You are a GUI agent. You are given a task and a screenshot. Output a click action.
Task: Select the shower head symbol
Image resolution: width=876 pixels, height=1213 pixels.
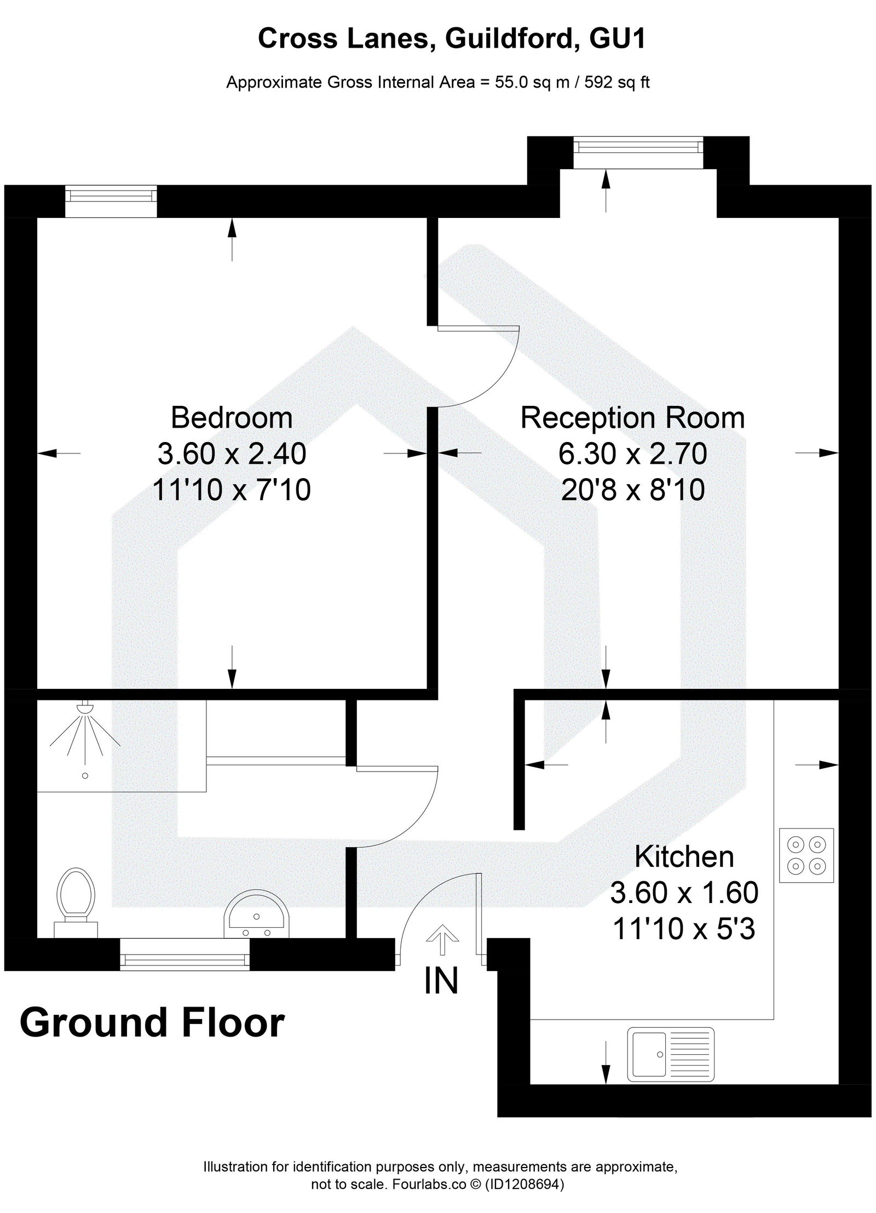point(85,708)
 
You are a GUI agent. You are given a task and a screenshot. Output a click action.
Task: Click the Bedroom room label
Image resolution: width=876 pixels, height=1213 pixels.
point(232,418)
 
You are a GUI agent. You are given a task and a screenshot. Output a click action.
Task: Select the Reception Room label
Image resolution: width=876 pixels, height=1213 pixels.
point(632,418)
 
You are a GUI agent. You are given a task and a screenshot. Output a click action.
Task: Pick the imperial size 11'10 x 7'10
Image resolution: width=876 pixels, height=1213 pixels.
point(232,489)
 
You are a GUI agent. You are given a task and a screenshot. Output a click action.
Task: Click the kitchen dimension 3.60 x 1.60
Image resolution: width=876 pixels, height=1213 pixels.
point(684,893)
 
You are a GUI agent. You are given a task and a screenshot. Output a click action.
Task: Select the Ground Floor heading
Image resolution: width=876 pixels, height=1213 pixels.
point(152,1022)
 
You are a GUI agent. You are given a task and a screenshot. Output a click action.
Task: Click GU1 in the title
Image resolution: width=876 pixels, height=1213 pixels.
point(617,39)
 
